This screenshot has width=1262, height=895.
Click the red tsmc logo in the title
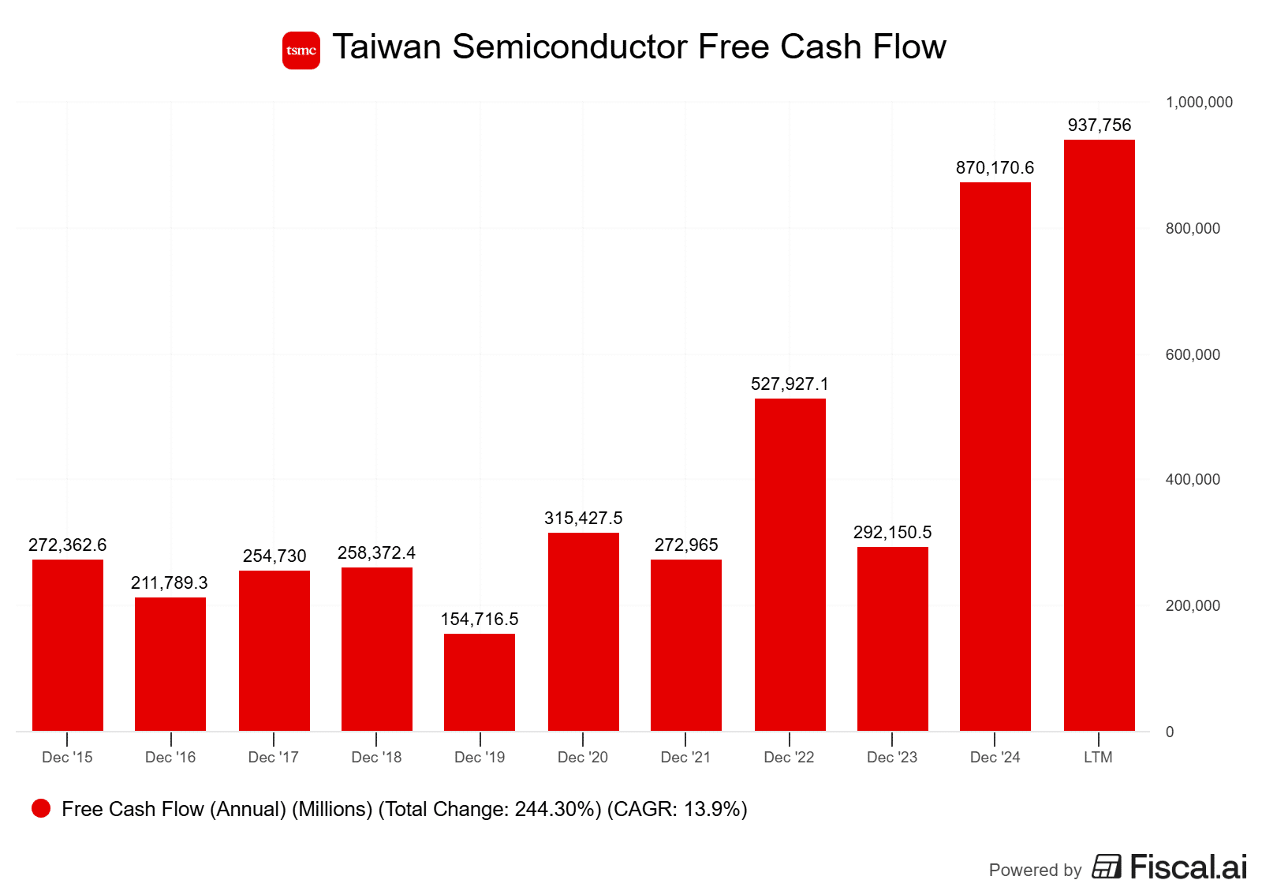tap(301, 51)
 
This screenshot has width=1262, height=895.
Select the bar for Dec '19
tap(480, 682)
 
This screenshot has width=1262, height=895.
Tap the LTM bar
tap(1099, 435)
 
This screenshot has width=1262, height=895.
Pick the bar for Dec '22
tap(790, 564)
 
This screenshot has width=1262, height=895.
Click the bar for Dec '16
tap(170, 664)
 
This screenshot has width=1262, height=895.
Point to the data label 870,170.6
tap(995, 167)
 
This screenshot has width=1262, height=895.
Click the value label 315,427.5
tap(583, 518)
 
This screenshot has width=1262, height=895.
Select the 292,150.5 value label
tap(892, 532)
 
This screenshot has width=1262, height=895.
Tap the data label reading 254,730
tap(274, 556)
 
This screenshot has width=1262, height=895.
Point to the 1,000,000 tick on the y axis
tap(1199, 102)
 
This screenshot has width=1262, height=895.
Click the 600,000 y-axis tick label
tap(1193, 354)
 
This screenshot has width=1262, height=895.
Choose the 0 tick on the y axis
tap(1170, 732)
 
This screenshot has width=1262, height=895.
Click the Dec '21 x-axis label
tap(685, 757)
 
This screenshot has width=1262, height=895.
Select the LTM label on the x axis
tap(1098, 757)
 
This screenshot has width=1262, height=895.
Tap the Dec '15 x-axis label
tap(67, 757)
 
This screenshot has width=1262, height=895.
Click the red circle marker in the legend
tap(41, 808)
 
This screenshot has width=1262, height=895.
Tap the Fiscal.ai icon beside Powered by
tap(1107, 867)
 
